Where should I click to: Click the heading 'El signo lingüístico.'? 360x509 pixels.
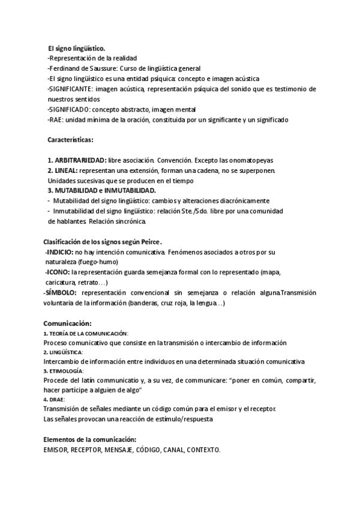click(x=77, y=47)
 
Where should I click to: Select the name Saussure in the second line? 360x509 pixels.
click(x=105, y=68)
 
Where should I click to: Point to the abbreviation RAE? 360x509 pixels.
click(x=55, y=119)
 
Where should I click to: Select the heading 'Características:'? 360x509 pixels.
click(x=70, y=140)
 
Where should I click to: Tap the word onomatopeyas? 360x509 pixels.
click(x=248, y=160)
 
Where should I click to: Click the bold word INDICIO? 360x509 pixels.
click(x=61, y=251)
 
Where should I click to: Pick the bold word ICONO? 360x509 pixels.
click(x=59, y=272)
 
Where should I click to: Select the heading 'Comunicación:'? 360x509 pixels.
click(x=68, y=323)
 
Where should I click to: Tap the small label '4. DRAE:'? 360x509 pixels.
click(x=55, y=399)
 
